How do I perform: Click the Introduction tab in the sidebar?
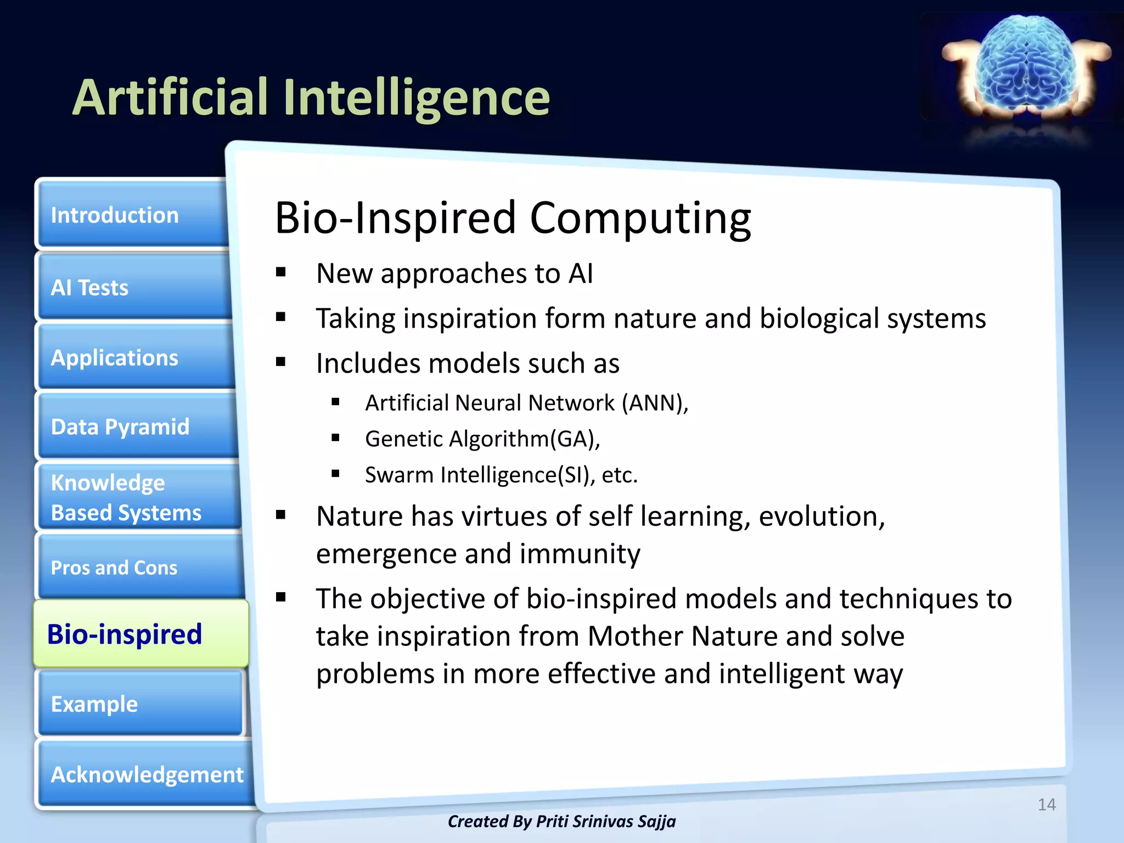click(x=132, y=215)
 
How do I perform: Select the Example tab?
click(x=140, y=704)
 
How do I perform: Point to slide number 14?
click(x=1046, y=805)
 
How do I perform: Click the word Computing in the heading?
click(x=640, y=218)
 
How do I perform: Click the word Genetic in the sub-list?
click(x=403, y=439)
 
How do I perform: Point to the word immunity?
click(x=580, y=554)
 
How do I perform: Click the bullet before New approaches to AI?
click(x=281, y=272)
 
